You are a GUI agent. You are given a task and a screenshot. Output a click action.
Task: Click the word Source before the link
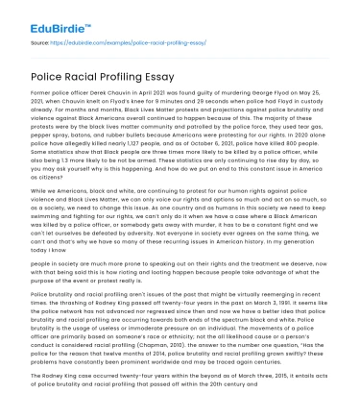coord(42,44)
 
